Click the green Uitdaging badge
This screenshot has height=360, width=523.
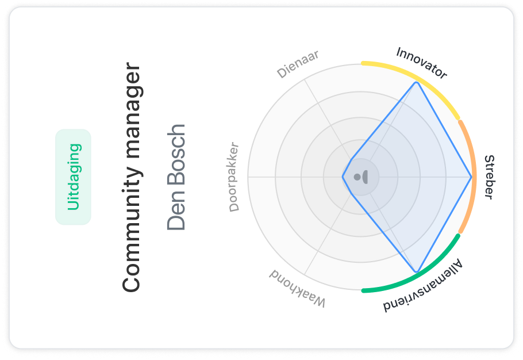point(74,177)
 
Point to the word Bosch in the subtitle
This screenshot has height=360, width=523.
point(176,162)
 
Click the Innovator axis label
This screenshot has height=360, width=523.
point(421,63)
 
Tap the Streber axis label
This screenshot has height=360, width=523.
point(489,177)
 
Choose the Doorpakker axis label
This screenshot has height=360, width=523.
point(233,177)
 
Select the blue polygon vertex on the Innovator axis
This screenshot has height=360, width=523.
point(416,83)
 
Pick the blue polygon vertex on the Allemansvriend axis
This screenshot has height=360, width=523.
point(416,271)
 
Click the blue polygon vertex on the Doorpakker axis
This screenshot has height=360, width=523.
point(343,177)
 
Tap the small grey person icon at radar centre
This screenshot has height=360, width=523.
point(361,177)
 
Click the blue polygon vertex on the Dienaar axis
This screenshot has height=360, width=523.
point(351,159)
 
